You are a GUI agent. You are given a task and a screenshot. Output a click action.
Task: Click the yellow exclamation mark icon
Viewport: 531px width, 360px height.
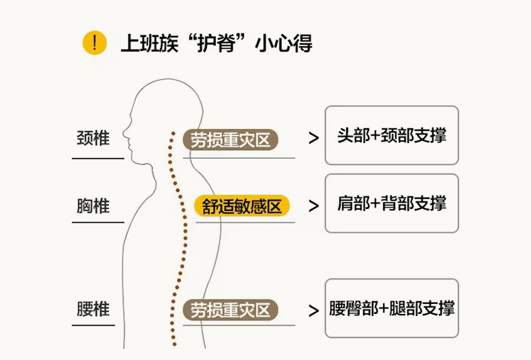94,43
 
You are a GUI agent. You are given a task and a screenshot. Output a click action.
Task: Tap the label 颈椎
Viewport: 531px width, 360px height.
93,138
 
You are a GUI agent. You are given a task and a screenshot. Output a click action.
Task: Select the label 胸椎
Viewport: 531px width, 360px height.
93,206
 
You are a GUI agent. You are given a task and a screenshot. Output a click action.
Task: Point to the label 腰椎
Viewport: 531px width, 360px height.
93,309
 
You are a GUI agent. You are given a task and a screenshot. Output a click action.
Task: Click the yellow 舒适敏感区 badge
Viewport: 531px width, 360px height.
241,206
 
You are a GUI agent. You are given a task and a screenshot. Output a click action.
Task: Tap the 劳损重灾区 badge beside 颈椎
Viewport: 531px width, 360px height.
230,140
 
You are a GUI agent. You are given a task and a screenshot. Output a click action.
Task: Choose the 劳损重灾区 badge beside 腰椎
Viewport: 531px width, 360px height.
230,310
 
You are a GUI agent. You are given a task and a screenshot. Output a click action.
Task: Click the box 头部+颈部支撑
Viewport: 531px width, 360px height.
392,135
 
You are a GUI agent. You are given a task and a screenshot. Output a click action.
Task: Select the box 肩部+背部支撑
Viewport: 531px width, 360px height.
392,203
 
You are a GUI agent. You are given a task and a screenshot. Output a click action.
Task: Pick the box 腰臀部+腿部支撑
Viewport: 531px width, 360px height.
392,308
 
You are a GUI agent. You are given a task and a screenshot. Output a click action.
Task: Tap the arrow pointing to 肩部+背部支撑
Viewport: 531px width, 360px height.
314,206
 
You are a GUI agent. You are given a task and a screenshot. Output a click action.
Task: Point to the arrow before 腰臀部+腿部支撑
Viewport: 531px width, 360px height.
314,310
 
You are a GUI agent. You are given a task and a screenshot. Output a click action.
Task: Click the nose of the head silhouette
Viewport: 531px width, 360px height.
124,131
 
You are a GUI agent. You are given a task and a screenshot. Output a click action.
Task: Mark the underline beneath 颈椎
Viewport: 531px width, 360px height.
98,158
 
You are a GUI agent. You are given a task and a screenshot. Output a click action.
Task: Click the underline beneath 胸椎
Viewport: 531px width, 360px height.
98,223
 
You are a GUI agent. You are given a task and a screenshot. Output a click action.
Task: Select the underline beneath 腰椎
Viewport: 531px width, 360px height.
93,325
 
